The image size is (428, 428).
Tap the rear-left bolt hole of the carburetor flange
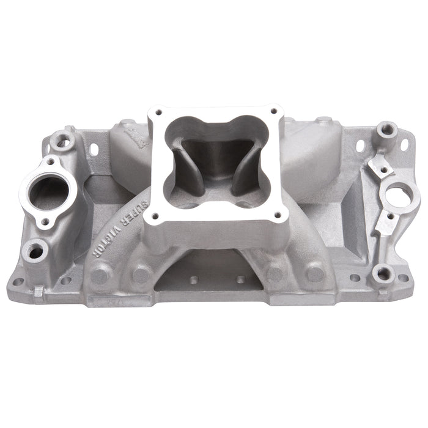tap(158, 113)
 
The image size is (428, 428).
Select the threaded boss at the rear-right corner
tap(386, 130)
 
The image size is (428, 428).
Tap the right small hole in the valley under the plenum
tap(238, 280)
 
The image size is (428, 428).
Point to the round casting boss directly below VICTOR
tap(101, 273)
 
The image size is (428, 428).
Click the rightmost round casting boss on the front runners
tap(315, 272)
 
